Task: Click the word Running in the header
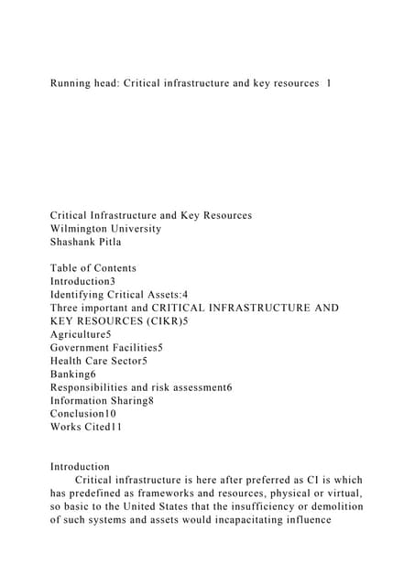[75, 83]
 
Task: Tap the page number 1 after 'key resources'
[328, 83]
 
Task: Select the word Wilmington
[87, 228]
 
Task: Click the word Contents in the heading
[112, 268]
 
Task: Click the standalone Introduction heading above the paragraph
[80, 467]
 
